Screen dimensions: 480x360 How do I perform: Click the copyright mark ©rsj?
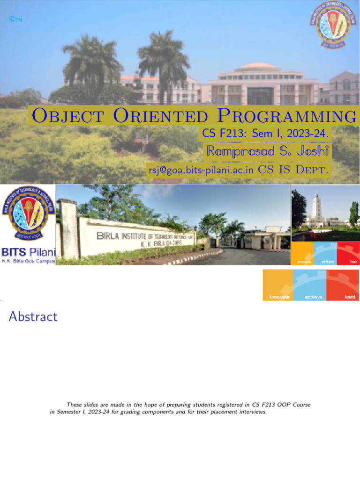click(15, 19)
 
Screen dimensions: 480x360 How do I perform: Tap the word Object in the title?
click(60, 116)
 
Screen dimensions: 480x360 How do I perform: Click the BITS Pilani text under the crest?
click(28, 252)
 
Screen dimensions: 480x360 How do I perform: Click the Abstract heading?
click(33, 317)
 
